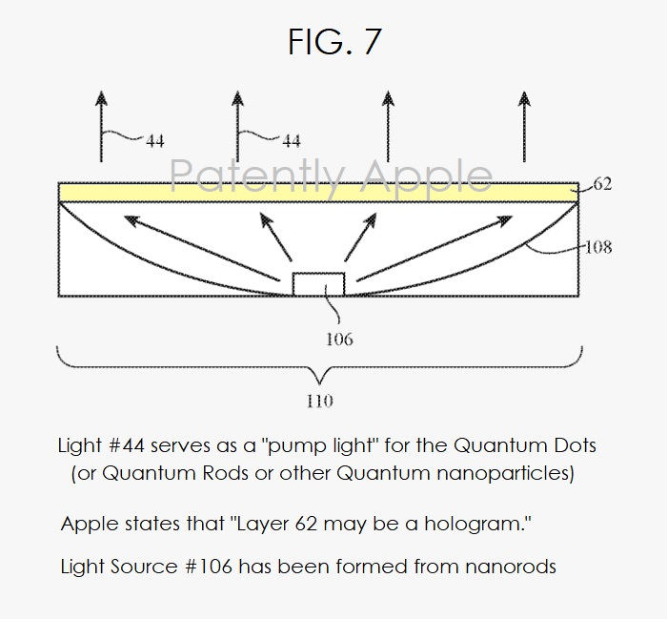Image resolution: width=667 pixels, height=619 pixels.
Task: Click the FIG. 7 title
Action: [334, 41]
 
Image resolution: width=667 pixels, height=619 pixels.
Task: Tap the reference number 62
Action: [602, 184]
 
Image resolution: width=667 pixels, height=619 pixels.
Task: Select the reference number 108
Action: [598, 247]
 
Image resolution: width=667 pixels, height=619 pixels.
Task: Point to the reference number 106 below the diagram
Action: [339, 340]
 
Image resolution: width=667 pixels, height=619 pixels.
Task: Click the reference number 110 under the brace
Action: [319, 401]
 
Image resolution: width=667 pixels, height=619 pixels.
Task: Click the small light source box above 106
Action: [318, 284]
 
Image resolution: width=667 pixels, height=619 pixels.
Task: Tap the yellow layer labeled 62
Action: [318, 193]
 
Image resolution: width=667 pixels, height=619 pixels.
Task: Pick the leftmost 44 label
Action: [154, 140]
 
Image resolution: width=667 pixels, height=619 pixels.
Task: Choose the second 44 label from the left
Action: [292, 140]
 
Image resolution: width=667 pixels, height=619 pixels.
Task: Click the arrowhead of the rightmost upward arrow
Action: [524, 99]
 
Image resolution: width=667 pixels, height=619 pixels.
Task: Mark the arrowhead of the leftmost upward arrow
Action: [101, 99]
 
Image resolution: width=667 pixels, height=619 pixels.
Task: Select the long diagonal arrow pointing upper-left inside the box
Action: [202, 248]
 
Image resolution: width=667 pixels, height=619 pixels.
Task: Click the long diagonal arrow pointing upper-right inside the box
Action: [435, 248]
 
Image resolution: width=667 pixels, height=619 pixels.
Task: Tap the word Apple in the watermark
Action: [428, 176]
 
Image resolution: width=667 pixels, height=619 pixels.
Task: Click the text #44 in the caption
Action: [127, 445]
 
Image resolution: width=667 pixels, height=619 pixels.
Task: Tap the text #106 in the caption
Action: [209, 567]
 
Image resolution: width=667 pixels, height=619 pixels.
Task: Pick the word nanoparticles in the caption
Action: [502, 474]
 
